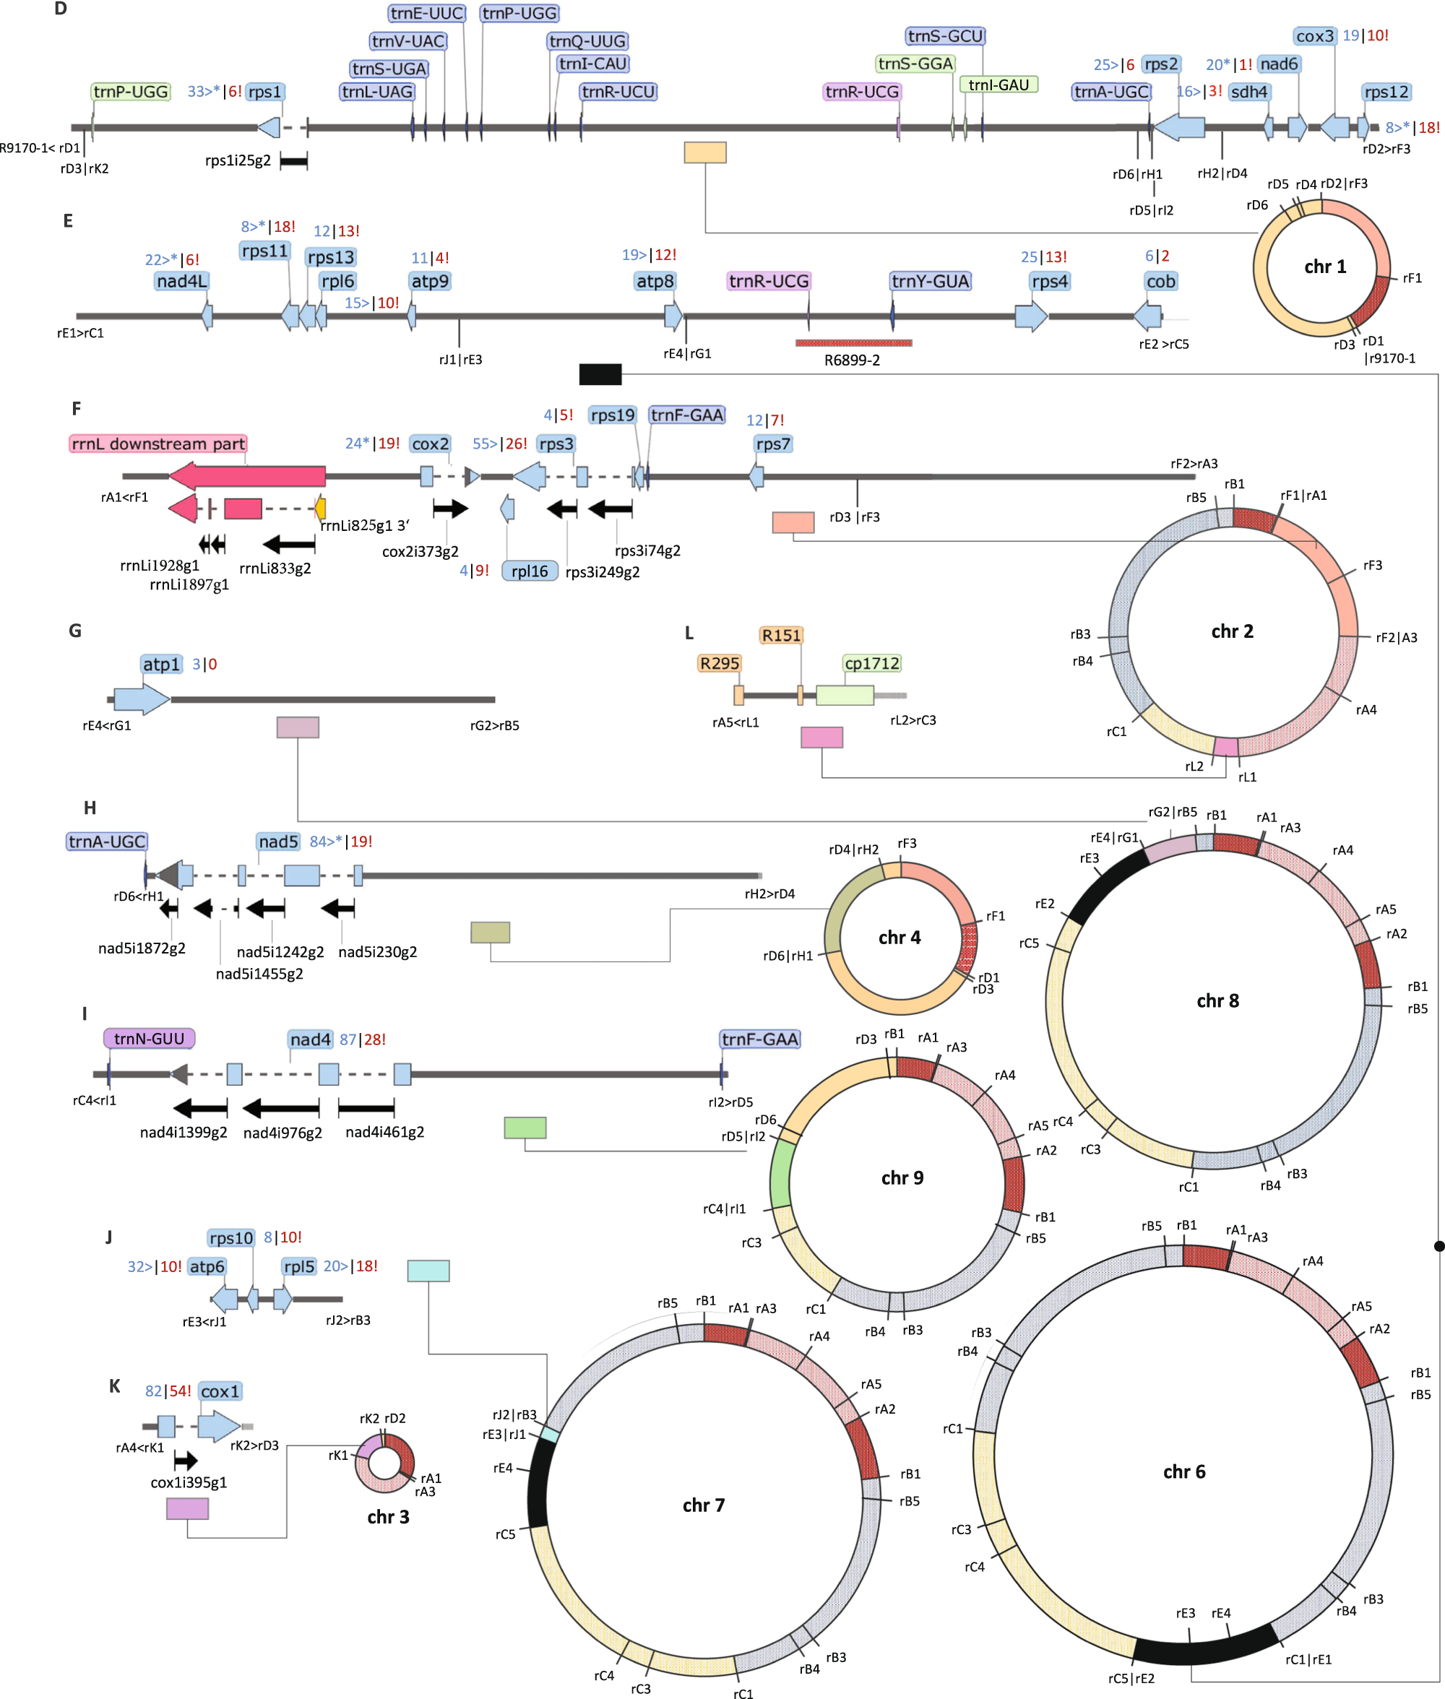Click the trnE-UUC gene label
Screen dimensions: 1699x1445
point(427,13)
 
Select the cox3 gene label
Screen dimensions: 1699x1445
point(1315,36)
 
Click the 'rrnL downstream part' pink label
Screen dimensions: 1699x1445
point(158,444)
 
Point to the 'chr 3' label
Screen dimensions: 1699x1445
point(387,1517)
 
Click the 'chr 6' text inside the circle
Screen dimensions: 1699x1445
point(1183,1471)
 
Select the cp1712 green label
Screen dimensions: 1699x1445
point(871,663)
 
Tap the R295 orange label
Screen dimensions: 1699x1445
point(719,663)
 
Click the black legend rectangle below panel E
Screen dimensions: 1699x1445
point(600,374)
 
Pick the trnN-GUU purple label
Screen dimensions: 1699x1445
point(149,1039)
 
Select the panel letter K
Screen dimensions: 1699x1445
point(115,1386)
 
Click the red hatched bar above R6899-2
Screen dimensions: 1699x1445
point(853,343)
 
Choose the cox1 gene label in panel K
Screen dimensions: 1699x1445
point(220,1391)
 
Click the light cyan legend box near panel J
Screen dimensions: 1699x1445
point(428,1271)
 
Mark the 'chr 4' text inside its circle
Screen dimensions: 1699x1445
point(899,938)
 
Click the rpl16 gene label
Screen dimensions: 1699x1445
point(529,571)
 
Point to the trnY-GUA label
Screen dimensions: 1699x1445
point(930,282)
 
